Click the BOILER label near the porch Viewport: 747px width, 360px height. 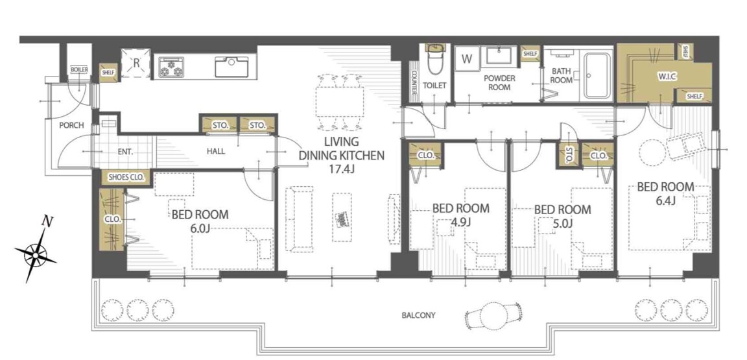click(x=79, y=69)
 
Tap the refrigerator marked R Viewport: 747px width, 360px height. click(x=136, y=63)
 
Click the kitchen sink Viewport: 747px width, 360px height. click(x=231, y=66)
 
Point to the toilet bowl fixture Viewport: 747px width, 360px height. click(x=435, y=60)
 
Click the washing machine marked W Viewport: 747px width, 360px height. click(x=467, y=60)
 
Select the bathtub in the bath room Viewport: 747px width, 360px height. click(x=595, y=76)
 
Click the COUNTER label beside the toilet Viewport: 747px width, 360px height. click(x=414, y=82)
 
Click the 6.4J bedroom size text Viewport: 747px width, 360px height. click(x=665, y=200)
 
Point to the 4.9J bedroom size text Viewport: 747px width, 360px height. click(x=460, y=222)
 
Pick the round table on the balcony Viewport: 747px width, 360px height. click(x=492, y=315)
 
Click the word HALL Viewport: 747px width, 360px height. click(x=216, y=151)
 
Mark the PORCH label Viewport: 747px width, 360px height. click(x=71, y=125)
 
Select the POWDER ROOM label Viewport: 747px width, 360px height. click(x=497, y=82)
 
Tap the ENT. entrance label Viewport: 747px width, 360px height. click(x=124, y=152)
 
